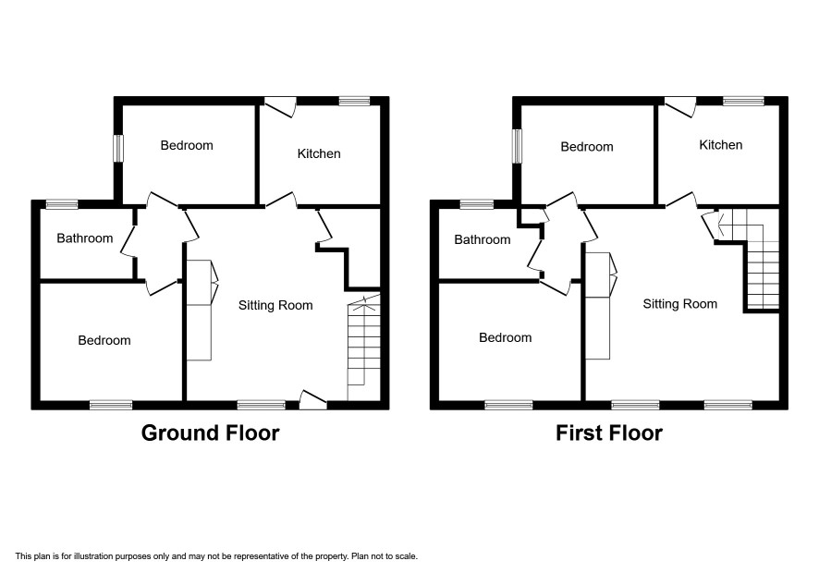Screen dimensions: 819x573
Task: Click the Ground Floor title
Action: click(x=210, y=433)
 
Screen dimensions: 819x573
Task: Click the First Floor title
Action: click(x=609, y=433)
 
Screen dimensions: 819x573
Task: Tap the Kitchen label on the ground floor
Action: click(x=319, y=153)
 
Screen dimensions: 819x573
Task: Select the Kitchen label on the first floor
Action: click(x=721, y=145)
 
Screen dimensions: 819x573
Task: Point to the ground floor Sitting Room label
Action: click(x=275, y=306)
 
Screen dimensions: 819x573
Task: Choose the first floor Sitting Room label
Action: click(x=679, y=304)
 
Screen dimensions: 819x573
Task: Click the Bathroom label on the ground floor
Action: click(x=85, y=238)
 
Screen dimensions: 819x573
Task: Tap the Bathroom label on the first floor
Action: click(x=483, y=239)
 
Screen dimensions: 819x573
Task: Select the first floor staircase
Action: click(x=753, y=259)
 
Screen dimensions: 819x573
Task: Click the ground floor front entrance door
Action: click(x=312, y=399)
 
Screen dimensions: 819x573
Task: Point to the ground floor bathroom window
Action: click(x=62, y=204)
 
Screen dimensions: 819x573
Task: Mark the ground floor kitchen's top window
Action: click(x=354, y=101)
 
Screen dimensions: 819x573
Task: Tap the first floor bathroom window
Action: click(x=476, y=204)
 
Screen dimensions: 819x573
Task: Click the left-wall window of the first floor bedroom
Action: click(x=517, y=146)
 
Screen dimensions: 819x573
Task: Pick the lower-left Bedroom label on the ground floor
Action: click(x=104, y=340)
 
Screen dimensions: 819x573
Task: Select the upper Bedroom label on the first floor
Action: click(x=587, y=147)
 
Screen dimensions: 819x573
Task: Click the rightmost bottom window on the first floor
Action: click(x=728, y=405)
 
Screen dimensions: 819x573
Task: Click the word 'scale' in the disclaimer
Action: click(x=405, y=556)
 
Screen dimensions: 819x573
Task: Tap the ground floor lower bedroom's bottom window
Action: click(x=111, y=405)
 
